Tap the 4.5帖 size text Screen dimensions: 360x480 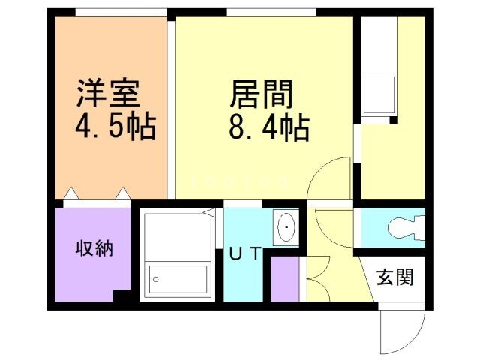(x=115, y=127)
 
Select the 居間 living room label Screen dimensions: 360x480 (x=260, y=95)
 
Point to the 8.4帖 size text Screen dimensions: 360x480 (x=269, y=128)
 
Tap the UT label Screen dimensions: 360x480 (x=245, y=254)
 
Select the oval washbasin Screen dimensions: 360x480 (x=286, y=226)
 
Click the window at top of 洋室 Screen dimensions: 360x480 (x=120, y=12)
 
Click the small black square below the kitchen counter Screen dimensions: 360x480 (x=392, y=121)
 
